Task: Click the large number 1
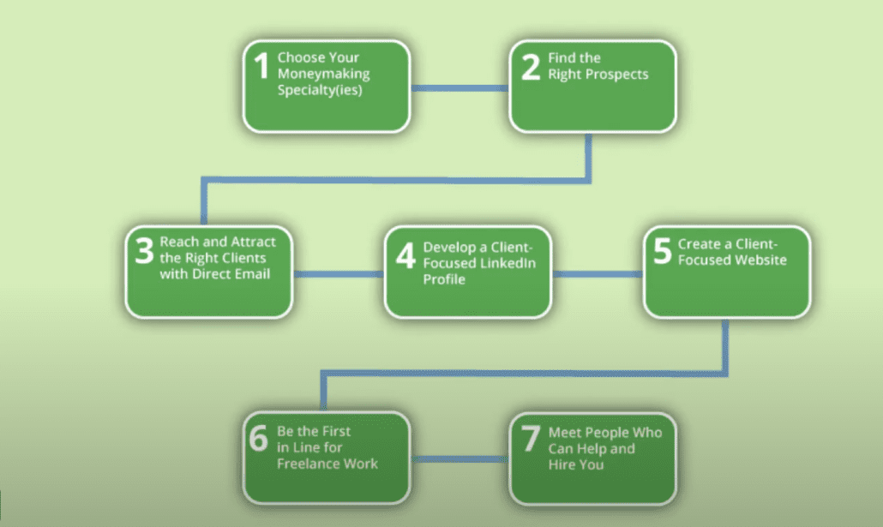(x=261, y=65)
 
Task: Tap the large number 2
(x=531, y=67)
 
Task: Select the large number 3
(x=144, y=250)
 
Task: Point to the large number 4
(x=405, y=255)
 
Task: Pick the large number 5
(x=662, y=250)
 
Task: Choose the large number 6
(x=259, y=438)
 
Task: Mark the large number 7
(x=531, y=439)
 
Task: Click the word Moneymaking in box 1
(x=324, y=75)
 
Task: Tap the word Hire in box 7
(x=561, y=464)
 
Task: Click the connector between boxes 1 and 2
(x=460, y=87)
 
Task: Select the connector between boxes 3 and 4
(x=339, y=274)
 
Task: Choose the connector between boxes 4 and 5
(x=598, y=274)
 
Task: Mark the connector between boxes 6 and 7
(x=460, y=459)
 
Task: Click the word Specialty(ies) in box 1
(x=320, y=90)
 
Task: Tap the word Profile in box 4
(x=444, y=279)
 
